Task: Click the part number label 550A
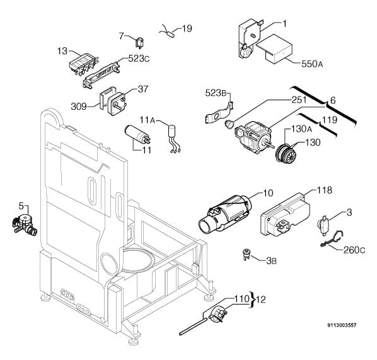(x=312, y=64)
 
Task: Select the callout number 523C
(x=139, y=59)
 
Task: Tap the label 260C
(x=354, y=250)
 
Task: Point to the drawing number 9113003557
(x=342, y=325)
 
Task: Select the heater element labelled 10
(x=225, y=214)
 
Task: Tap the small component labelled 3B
(x=246, y=254)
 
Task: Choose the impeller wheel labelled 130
(x=286, y=152)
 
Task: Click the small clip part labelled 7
(x=139, y=43)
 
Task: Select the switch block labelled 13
(x=83, y=63)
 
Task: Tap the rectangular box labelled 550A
(x=275, y=49)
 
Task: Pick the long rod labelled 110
(x=193, y=327)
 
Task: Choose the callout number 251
(x=299, y=100)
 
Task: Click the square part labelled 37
(x=117, y=103)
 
